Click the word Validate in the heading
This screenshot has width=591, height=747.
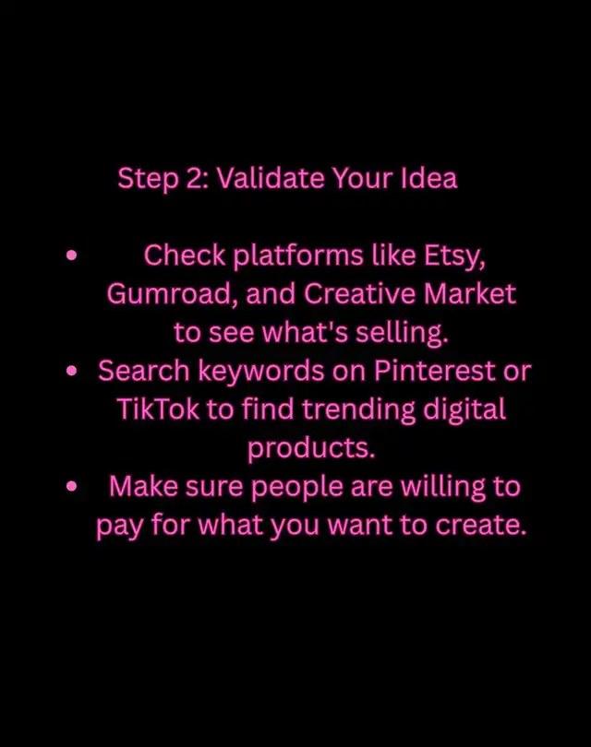pyautogui.click(x=271, y=178)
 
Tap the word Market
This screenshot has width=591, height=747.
pyautogui.click(x=470, y=294)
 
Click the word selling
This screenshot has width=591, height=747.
pyautogui.click(x=402, y=334)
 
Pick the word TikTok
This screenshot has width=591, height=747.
pyautogui.click(x=157, y=409)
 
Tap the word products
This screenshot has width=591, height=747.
pyautogui.click(x=311, y=449)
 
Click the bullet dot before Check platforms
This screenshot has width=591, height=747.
pyautogui.click(x=71, y=255)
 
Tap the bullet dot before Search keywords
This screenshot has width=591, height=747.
pyautogui.click(x=71, y=371)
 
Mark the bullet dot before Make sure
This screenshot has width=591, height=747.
pyautogui.click(x=71, y=486)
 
